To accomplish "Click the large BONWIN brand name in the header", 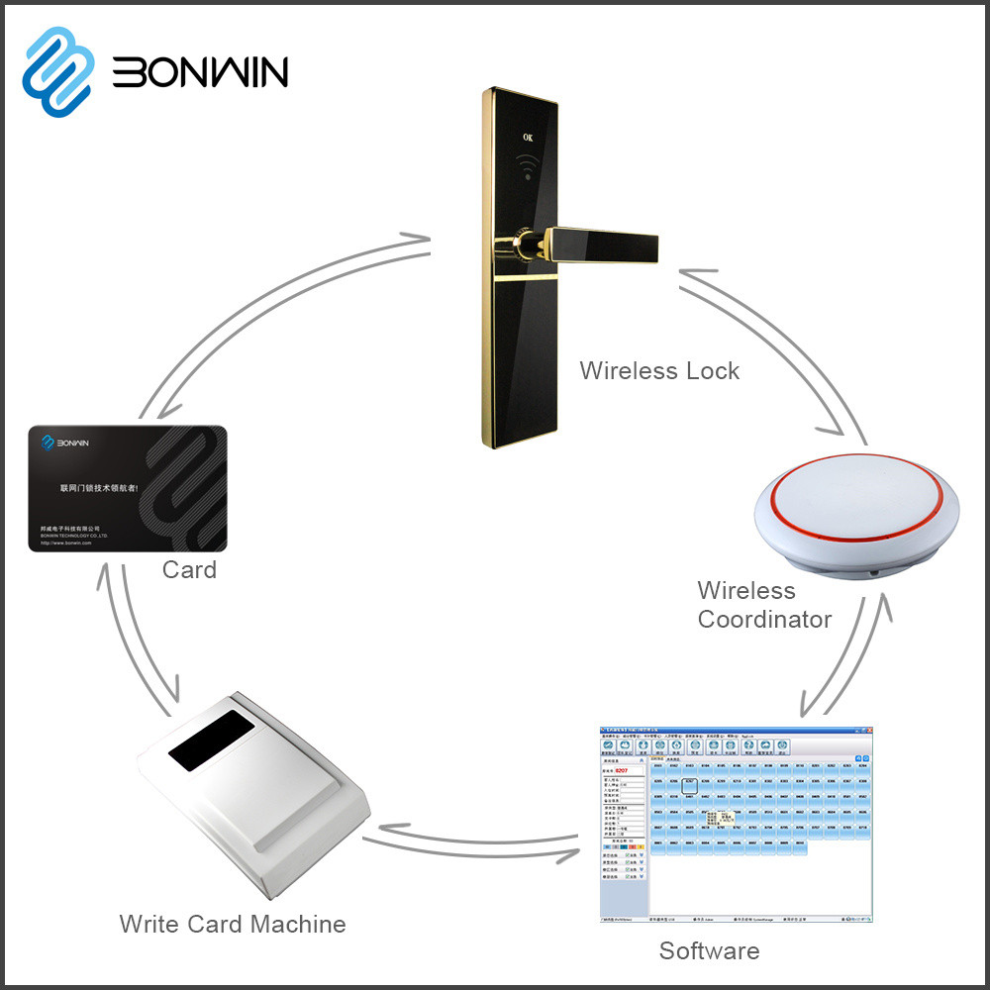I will tap(200, 71).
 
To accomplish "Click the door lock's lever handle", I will tap(604, 242).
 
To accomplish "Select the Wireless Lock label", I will tap(659, 371).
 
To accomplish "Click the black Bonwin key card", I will tap(128, 488).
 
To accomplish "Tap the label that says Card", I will tap(189, 570).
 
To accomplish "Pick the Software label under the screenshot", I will tap(709, 951).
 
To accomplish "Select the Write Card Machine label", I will tap(233, 925).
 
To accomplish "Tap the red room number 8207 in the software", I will tap(622, 769).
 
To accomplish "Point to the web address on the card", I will tap(66, 543).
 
